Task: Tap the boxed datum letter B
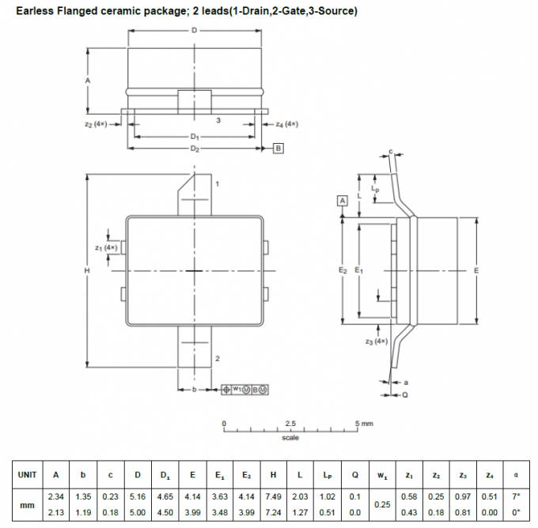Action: point(278,149)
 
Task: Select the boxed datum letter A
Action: point(343,202)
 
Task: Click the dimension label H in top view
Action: point(87,270)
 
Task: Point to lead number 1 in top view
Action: point(217,183)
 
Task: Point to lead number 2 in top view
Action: point(217,359)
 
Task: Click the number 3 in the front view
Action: point(218,120)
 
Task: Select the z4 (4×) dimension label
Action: point(286,124)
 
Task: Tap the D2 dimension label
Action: point(195,149)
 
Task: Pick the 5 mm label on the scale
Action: point(364,424)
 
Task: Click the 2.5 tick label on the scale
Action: point(290,424)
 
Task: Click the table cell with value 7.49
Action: point(273,496)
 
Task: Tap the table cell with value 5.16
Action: point(138,496)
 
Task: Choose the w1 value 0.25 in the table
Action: point(382,503)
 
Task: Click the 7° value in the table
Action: point(517,496)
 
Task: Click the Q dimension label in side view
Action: point(404,393)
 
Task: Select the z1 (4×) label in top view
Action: point(105,247)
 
